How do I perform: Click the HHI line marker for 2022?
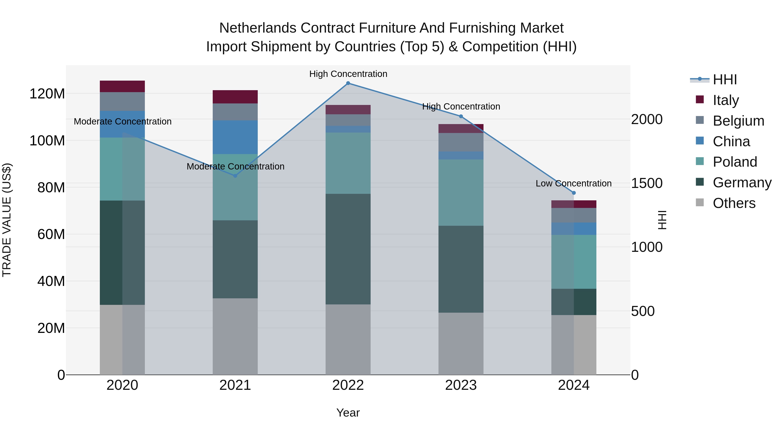click(x=348, y=83)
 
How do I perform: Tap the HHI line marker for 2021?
click(x=235, y=176)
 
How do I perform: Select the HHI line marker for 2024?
click(x=574, y=193)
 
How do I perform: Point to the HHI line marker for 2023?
click(x=461, y=116)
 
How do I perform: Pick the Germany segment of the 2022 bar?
click(x=348, y=249)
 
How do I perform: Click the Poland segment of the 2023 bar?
click(x=461, y=193)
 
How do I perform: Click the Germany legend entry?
click(x=742, y=183)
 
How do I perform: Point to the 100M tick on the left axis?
click(x=47, y=141)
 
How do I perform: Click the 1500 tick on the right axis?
click(x=647, y=183)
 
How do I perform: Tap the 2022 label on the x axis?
click(x=348, y=385)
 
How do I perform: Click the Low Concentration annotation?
click(x=573, y=183)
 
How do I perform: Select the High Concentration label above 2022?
click(x=348, y=74)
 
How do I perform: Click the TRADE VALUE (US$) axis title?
click(x=7, y=220)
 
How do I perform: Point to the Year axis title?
click(x=348, y=413)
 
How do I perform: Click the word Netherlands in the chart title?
click(x=258, y=28)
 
